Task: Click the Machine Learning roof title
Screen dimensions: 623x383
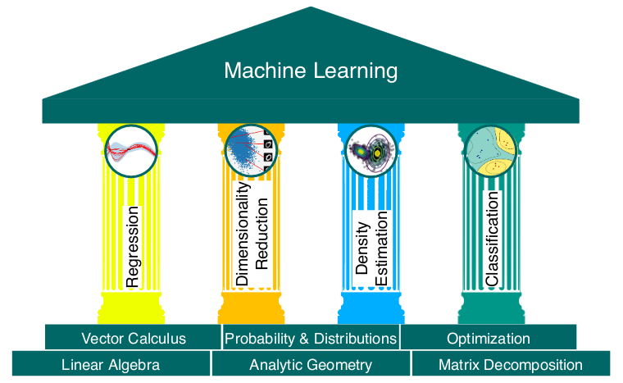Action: pos(311,71)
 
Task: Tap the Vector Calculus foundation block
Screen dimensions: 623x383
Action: pos(133,337)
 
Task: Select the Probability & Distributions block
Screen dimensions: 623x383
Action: pos(311,337)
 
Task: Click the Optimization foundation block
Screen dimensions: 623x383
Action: pos(489,337)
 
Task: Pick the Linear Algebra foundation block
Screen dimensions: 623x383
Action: pos(111,363)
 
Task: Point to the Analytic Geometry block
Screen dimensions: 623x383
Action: pos(311,363)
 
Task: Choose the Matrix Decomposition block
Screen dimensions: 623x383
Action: pos(511,363)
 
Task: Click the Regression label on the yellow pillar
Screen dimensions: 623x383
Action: pos(132,247)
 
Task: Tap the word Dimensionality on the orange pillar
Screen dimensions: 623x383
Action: pos(242,234)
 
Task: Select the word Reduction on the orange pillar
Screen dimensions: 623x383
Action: pos(261,234)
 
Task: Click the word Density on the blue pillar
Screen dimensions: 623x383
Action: pos(362,248)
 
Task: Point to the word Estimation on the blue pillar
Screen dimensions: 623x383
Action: pos(381,248)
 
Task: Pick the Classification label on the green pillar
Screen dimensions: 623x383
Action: pos(492,239)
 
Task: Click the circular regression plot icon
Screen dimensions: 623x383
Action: pos(131,151)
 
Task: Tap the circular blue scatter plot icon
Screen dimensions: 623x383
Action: pos(251,151)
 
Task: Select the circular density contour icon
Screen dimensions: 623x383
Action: pos(371,151)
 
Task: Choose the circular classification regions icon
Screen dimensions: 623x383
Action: pos(491,151)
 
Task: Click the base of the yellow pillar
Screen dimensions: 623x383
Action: pos(131,308)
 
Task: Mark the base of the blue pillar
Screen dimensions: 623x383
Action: pos(371,308)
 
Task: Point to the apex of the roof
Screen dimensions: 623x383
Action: pos(311,7)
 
